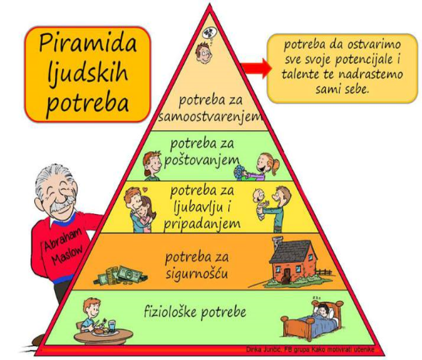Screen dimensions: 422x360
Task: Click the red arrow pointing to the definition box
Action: (x=257, y=68)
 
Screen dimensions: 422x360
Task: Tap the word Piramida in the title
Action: (x=88, y=43)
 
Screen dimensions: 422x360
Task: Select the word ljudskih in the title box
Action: (x=88, y=73)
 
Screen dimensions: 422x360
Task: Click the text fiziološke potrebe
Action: (x=195, y=313)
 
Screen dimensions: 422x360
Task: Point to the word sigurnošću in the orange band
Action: (x=197, y=274)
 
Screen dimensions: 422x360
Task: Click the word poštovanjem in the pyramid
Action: (x=202, y=161)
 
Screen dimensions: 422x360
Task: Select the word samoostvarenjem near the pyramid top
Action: (x=210, y=117)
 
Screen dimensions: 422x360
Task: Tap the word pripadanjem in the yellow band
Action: (x=202, y=224)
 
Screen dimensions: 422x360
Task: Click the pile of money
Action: (x=120, y=275)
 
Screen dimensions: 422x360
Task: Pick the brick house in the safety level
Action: (x=293, y=261)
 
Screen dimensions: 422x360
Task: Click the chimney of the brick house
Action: (x=278, y=243)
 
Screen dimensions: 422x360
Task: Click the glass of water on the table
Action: (x=112, y=327)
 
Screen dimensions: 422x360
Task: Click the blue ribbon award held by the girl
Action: (x=239, y=171)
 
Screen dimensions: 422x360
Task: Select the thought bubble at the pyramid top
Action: (x=208, y=33)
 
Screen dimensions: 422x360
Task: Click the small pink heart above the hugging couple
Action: (x=145, y=189)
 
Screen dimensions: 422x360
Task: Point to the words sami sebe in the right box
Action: (x=342, y=88)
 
